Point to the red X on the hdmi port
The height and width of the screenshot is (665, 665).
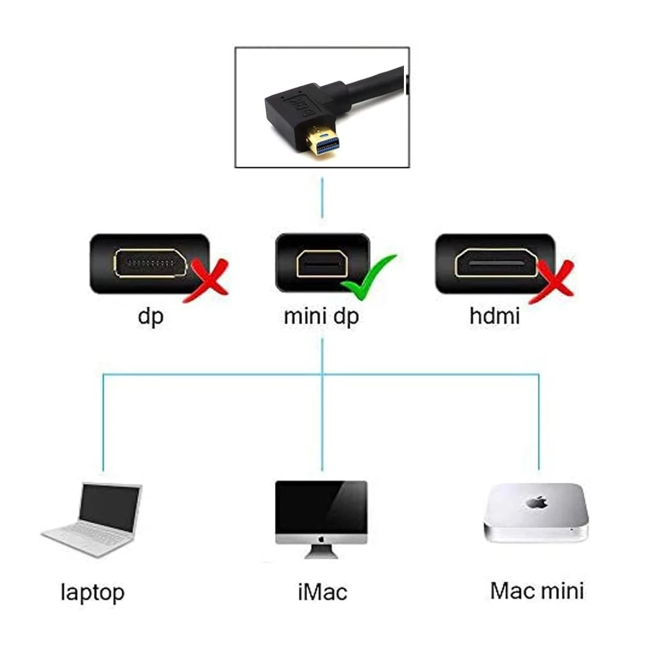point(553,283)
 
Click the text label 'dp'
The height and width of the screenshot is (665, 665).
point(150,317)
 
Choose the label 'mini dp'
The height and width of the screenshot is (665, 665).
point(322,317)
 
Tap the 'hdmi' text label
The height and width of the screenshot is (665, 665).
point(495,317)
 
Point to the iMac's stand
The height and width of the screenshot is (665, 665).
point(321,552)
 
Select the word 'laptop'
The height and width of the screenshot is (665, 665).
point(93,593)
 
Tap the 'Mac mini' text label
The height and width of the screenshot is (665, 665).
point(537,591)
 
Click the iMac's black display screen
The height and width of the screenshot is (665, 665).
point(321,506)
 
